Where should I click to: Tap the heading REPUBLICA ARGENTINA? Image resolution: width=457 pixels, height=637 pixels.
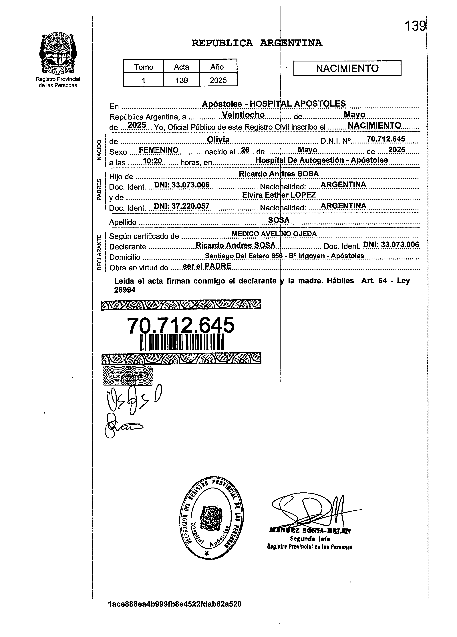click(257, 43)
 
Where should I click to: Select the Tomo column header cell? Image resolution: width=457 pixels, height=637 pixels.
click(143, 67)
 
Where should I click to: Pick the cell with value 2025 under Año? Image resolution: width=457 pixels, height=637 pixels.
click(218, 80)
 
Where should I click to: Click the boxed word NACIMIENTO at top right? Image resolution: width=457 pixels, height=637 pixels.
click(347, 68)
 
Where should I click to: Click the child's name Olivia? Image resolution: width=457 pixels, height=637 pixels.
click(218, 140)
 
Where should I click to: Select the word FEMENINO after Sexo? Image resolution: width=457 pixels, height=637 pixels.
click(159, 150)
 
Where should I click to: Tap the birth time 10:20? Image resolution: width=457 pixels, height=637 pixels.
click(152, 161)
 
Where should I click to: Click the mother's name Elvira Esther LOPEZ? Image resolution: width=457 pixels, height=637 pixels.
click(279, 195)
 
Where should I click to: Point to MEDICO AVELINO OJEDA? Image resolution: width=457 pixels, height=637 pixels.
click(274, 234)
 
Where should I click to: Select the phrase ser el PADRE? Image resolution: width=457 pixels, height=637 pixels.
click(206, 266)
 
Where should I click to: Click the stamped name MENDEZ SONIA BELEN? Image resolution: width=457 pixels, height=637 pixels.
click(310, 531)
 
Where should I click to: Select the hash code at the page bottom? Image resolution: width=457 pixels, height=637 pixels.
click(174, 604)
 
